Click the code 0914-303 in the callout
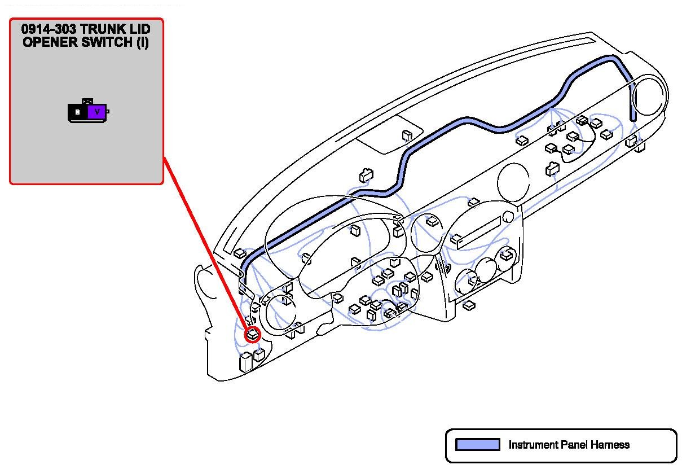pos(47,29)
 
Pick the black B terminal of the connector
pos(78,112)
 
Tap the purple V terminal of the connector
pos(97,112)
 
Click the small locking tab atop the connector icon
pos(87,102)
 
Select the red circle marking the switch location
pos(253,334)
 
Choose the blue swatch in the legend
pos(477,445)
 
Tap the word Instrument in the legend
pos(533,445)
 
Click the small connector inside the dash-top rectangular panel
pos(407,135)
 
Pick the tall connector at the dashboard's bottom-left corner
pos(245,362)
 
